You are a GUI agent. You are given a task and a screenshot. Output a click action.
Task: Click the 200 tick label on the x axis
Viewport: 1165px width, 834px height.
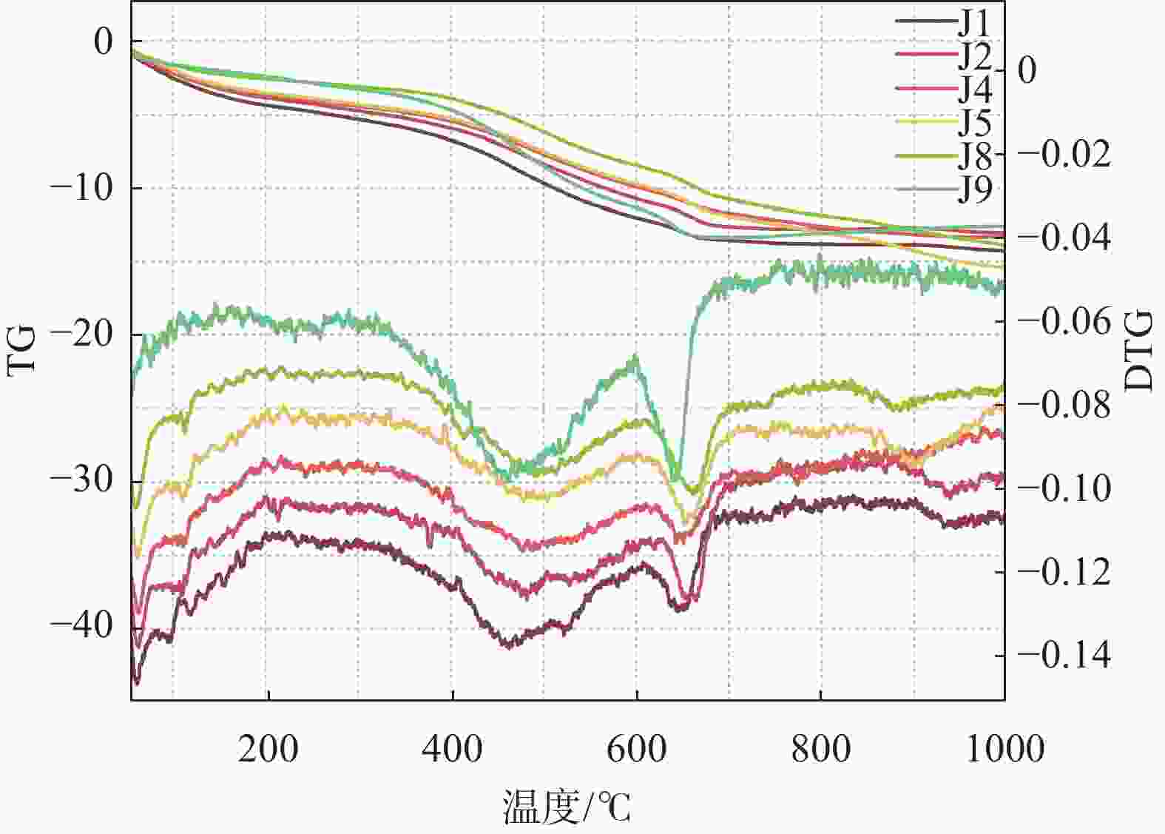pos(268,748)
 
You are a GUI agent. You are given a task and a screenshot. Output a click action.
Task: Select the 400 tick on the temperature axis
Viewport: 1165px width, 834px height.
pos(452,748)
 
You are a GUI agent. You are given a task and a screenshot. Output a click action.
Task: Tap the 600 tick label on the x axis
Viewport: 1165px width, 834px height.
pos(636,748)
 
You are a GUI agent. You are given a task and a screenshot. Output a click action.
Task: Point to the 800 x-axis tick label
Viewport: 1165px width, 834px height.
pos(820,748)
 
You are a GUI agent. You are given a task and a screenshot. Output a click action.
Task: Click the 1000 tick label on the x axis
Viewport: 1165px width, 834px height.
pos(1005,748)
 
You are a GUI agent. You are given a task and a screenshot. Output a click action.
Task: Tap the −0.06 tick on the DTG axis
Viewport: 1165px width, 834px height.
pos(1064,320)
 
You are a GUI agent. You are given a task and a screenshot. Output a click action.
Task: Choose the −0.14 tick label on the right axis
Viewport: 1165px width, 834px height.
pos(1064,655)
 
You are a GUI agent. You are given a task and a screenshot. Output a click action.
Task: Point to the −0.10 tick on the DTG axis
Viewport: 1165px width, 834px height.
pos(1064,488)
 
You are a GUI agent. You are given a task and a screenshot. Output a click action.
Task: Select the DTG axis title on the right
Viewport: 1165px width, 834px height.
pos(1138,351)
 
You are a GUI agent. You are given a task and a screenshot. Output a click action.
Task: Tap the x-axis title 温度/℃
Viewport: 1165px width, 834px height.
pos(567,806)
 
